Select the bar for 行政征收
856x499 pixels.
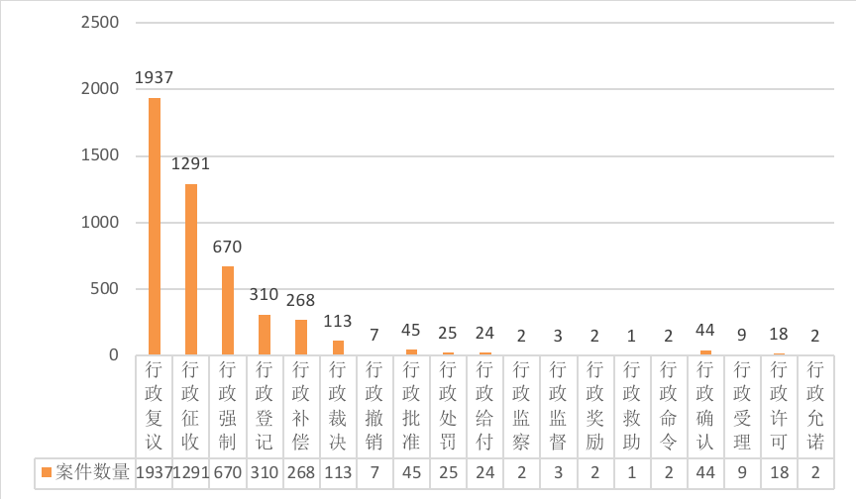(x=191, y=269)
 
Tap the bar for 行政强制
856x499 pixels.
(x=228, y=310)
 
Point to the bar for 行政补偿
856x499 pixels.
(x=301, y=338)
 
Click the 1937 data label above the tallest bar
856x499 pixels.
(x=155, y=77)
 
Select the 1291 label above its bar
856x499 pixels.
(x=191, y=163)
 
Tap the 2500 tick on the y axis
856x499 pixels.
(x=99, y=22)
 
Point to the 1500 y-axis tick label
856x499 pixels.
(x=99, y=155)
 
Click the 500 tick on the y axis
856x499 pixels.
(x=104, y=289)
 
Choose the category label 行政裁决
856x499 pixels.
(x=338, y=406)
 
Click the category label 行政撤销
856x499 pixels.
(x=374, y=406)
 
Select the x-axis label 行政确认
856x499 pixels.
(x=704, y=406)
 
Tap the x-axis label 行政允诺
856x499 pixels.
(x=814, y=406)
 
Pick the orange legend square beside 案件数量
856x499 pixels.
(x=47, y=472)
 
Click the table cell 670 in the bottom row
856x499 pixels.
(x=228, y=472)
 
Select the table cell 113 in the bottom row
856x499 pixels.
(x=338, y=472)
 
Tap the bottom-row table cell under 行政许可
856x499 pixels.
(x=778, y=472)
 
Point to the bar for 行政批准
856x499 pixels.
(x=411, y=351)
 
